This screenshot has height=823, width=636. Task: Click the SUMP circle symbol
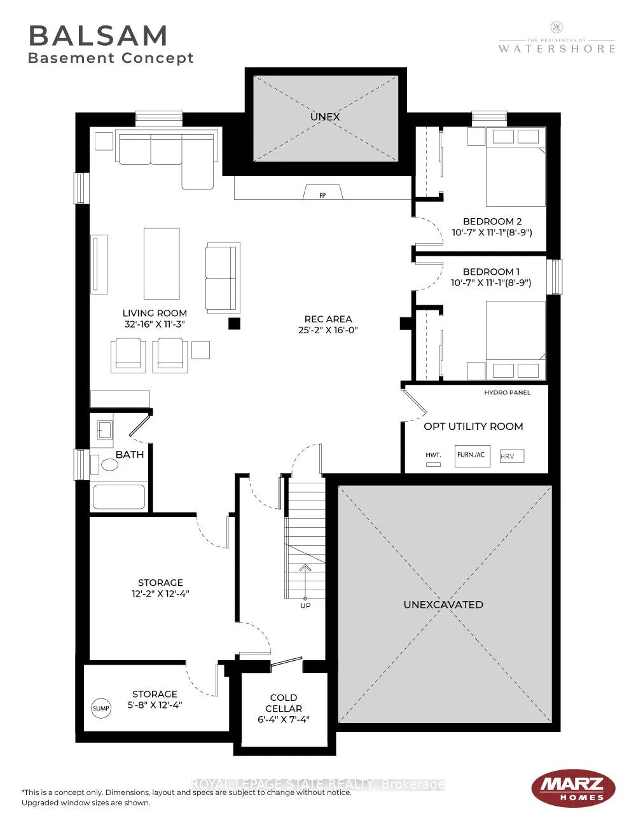(x=101, y=708)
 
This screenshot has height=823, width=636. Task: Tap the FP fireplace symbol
(x=323, y=192)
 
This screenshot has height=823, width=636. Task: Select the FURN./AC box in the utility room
(x=473, y=457)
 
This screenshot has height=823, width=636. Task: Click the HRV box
(x=512, y=457)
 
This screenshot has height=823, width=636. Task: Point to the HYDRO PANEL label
(x=508, y=393)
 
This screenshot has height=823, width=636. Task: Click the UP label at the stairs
(x=305, y=605)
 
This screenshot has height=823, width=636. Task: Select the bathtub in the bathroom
(x=120, y=497)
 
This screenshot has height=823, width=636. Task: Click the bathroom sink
(x=104, y=430)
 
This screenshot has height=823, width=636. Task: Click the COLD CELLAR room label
(x=284, y=703)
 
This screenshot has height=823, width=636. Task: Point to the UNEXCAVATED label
(x=443, y=604)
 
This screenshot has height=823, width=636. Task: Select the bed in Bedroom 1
(x=516, y=340)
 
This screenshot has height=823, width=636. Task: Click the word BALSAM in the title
(x=98, y=36)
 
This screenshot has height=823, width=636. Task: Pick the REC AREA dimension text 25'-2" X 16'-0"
(x=328, y=330)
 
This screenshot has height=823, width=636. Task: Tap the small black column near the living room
(x=234, y=324)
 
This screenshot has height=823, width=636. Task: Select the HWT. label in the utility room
(x=433, y=455)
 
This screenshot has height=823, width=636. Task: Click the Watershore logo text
(x=556, y=48)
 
